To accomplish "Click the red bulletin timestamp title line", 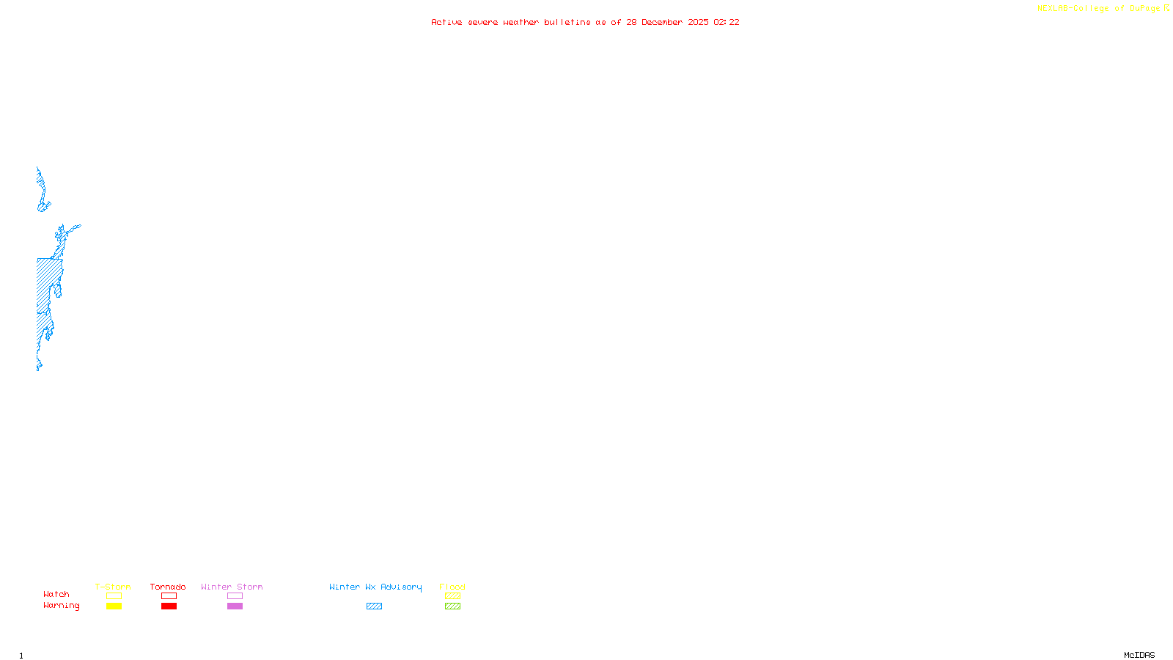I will point(585,22).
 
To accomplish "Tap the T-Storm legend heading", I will point(113,587).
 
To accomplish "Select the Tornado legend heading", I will point(168,587).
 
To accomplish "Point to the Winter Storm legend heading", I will point(232,587).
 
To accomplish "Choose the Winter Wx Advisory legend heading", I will point(375,587).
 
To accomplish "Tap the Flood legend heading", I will point(452,587).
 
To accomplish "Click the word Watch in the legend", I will point(56,594).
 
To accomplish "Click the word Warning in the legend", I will point(62,606).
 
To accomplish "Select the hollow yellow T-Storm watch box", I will point(114,596).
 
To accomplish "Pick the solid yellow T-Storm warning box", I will point(114,606).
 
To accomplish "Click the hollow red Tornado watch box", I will point(169,596).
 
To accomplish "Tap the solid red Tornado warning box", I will point(169,606).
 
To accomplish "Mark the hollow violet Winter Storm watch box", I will point(235,596).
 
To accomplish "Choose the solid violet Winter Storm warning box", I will point(235,606).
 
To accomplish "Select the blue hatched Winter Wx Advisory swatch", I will point(374,606).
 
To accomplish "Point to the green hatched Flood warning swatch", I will point(452,606).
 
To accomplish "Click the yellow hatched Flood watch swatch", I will point(452,596).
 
